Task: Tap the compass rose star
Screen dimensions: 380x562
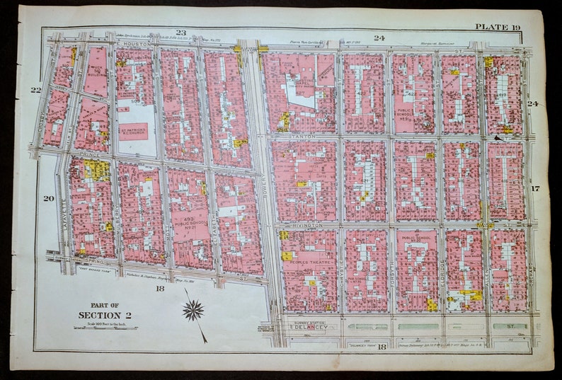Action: [x=193, y=309]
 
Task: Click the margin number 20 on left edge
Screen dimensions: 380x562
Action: [x=48, y=198]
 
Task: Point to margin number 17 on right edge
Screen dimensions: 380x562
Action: [x=535, y=188]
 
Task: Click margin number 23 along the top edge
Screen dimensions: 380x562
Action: [x=180, y=33]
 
